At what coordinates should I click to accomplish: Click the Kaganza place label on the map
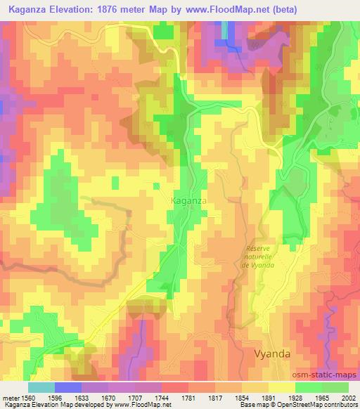[x=188, y=201]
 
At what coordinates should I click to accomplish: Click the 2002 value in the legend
[x=348, y=397]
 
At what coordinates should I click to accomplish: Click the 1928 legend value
[x=295, y=397]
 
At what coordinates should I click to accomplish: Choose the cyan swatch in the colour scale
[x=41, y=387]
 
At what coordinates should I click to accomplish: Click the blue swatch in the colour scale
[x=68, y=387]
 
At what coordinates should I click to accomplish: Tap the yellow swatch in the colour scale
[x=281, y=387]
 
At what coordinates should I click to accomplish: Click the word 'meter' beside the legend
[x=12, y=397]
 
